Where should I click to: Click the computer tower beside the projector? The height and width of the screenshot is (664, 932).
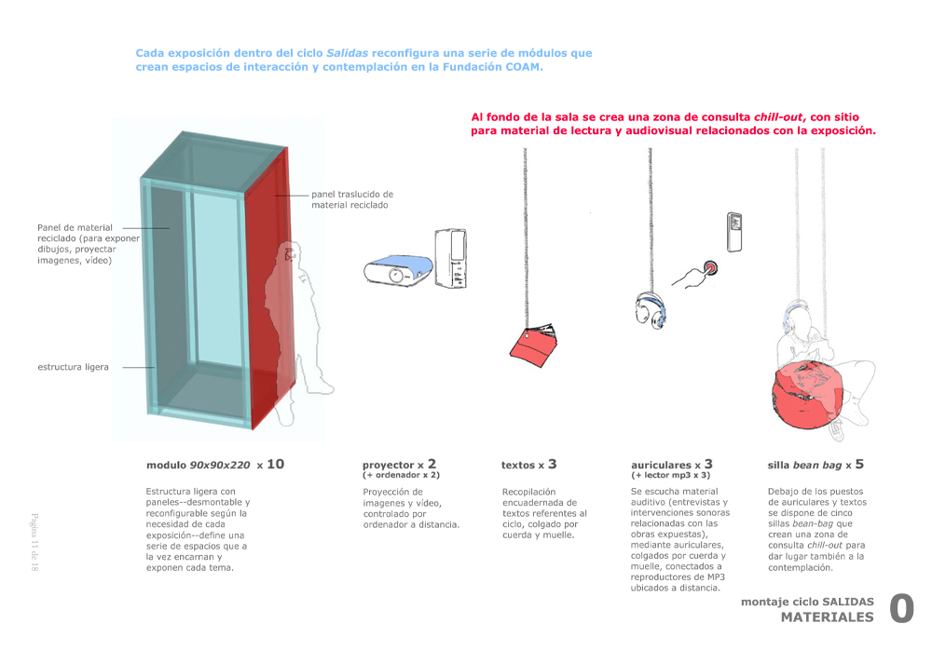click(x=457, y=256)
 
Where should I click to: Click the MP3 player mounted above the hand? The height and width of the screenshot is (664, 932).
click(x=735, y=231)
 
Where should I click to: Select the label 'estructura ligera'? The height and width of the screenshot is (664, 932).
click(x=73, y=367)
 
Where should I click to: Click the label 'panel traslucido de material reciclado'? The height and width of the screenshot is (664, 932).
click(x=351, y=199)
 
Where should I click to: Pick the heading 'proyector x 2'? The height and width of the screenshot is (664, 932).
click(x=399, y=464)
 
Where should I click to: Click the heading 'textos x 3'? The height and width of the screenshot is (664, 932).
click(x=528, y=464)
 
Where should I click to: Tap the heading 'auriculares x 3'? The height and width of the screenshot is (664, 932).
click(x=671, y=464)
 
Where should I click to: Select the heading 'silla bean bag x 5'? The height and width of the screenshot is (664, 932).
click(x=815, y=464)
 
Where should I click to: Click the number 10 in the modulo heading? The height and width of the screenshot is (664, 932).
click(x=275, y=463)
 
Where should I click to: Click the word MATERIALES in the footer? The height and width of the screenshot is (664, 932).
click(x=827, y=617)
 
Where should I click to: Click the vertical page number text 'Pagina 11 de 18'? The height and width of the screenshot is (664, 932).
click(x=34, y=542)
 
